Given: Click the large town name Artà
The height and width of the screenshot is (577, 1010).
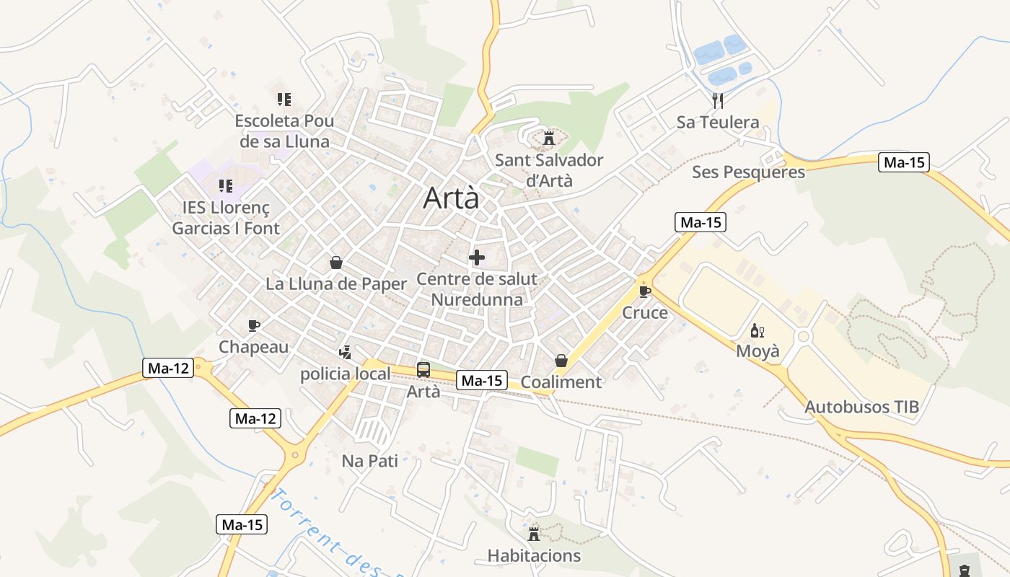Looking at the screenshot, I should pyautogui.click(x=451, y=198).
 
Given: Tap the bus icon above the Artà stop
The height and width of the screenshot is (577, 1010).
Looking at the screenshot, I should pyautogui.click(x=423, y=370).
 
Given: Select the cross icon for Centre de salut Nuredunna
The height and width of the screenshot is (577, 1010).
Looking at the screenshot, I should pyautogui.click(x=477, y=257).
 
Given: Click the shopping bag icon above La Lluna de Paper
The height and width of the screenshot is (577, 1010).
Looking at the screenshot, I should pyautogui.click(x=335, y=262).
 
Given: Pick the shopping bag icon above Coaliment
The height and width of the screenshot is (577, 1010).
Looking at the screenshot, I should pyautogui.click(x=561, y=360).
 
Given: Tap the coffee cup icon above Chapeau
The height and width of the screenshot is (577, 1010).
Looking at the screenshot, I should pyautogui.click(x=253, y=325).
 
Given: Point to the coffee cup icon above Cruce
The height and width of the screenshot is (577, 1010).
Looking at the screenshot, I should pyautogui.click(x=644, y=291).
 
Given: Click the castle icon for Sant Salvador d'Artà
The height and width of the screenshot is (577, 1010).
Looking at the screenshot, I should pyautogui.click(x=549, y=138).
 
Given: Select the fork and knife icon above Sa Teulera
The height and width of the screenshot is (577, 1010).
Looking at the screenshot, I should pyautogui.click(x=717, y=100).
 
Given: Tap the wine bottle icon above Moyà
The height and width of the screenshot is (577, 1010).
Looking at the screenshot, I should pyautogui.click(x=757, y=330).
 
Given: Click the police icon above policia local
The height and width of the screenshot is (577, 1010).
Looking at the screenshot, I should pyautogui.click(x=345, y=352).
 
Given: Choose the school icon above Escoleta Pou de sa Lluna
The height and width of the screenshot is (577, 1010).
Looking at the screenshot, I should pyautogui.click(x=284, y=99).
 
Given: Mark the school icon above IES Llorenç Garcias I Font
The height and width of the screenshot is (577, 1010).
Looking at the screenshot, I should pyautogui.click(x=226, y=186).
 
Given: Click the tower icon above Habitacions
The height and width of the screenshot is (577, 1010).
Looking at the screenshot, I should pyautogui.click(x=534, y=534).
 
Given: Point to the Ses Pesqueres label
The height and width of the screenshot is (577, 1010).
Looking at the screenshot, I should pyautogui.click(x=748, y=172).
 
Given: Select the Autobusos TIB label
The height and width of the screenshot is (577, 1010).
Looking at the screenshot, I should pyautogui.click(x=861, y=407).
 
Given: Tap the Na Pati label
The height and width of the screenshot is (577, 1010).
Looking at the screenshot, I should pyautogui.click(x=369, y=461).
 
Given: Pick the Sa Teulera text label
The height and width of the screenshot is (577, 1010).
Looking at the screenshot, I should pyautogui.click(x=718, y=122).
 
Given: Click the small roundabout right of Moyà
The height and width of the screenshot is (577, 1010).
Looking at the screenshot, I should pyautogui.click(x=804, y=336).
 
